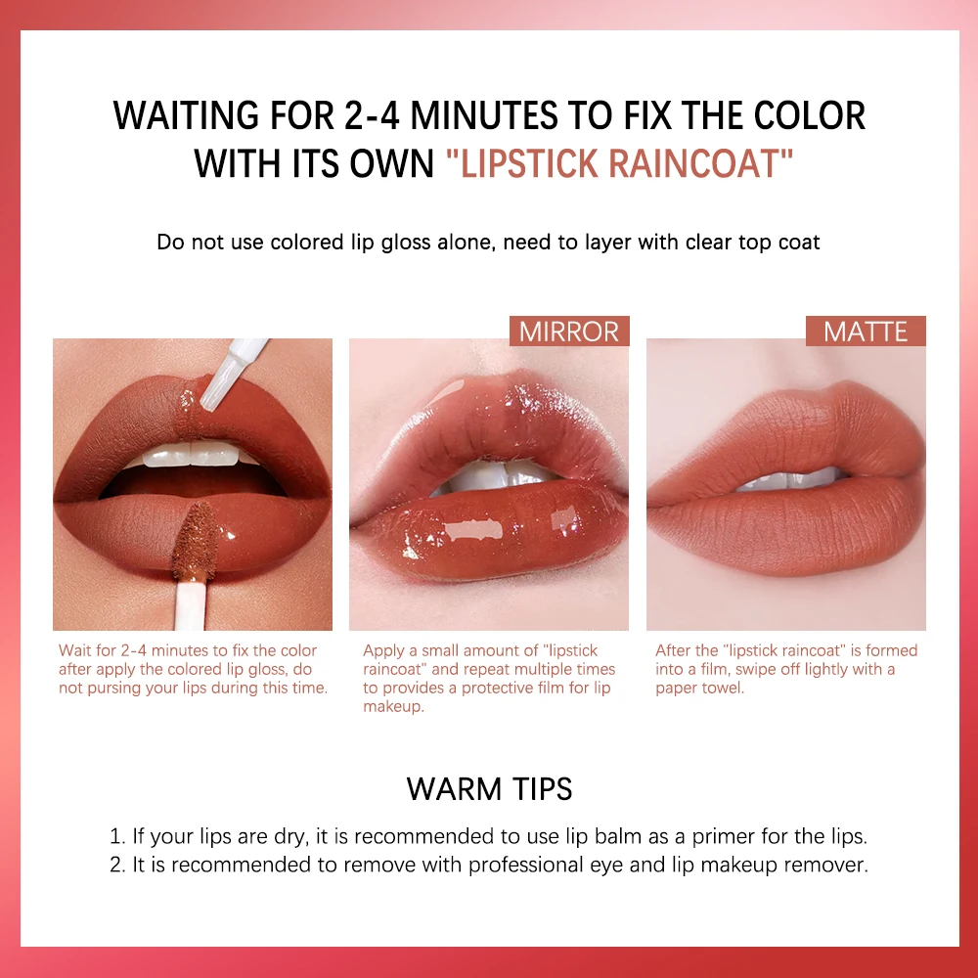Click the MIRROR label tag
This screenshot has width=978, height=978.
point(569,331)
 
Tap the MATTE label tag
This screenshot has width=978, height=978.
point(866,331)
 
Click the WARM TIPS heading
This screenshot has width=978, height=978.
point(489,788)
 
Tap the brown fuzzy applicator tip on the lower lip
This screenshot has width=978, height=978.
point(195,540)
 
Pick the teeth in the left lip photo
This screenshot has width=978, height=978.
point(192,454)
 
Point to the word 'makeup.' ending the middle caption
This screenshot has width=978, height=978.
point(393,707)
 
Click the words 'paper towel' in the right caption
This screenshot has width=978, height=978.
point(698,689)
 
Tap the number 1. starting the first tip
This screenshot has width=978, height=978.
point(118,836)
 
